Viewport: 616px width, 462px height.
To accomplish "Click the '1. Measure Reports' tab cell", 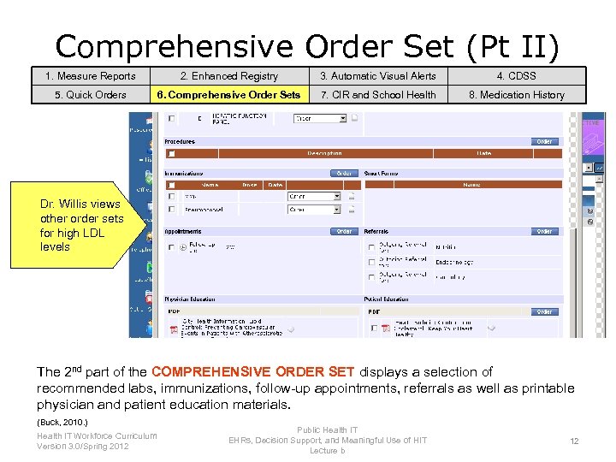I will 91,76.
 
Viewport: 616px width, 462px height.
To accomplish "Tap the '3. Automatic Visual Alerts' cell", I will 377,76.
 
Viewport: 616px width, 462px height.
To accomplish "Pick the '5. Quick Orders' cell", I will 91,95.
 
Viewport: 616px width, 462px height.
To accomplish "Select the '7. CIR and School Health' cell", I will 377,95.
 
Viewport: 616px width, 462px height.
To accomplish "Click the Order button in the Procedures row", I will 544,141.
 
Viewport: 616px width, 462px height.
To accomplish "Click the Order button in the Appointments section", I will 344,231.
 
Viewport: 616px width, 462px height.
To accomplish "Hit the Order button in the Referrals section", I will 544,231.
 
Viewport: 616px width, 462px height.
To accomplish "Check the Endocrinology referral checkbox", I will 370,262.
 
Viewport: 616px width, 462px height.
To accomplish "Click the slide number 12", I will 574,441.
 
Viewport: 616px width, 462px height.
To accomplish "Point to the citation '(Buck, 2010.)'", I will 62,423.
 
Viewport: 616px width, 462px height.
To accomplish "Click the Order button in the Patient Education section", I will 544,311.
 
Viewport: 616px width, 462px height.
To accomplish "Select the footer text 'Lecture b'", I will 328,450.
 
